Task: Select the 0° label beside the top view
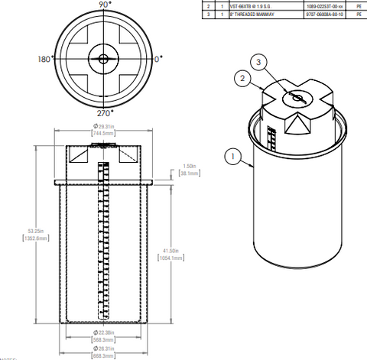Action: click(158, 58)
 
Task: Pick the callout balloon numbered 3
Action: click(260, 61)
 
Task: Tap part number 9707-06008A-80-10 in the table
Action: click(326, 12)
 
